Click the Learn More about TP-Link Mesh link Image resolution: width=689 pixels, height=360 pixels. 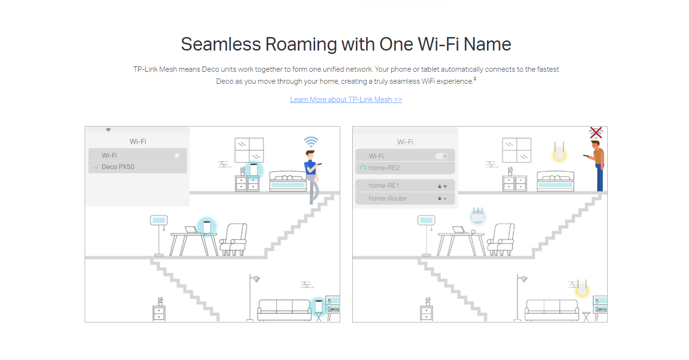point(346,99)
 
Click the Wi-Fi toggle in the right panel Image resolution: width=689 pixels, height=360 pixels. point(442,156)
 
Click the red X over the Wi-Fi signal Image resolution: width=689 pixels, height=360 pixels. point(596,133)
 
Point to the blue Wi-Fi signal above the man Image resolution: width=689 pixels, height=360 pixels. point(311,142)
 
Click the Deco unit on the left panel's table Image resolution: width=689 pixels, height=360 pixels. point(207,227)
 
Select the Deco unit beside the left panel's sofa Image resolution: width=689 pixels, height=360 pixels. point(319,306)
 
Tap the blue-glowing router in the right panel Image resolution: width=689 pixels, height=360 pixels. point(478,216)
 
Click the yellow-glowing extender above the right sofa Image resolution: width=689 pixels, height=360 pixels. point(582,288)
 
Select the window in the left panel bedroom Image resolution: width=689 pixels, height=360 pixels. point(249,150)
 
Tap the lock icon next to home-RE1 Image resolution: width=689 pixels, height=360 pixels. point(440,186)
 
